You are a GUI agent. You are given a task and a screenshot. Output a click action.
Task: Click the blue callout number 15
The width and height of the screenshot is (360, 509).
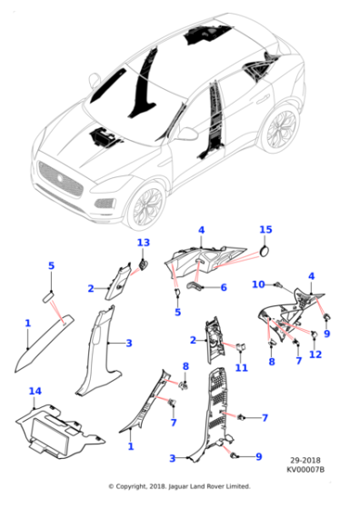265,230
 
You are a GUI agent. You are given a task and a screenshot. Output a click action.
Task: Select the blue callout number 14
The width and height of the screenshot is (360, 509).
35,391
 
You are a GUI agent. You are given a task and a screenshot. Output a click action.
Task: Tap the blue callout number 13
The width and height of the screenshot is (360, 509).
144,243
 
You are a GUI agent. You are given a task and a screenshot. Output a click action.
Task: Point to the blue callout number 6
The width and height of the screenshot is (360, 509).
224,287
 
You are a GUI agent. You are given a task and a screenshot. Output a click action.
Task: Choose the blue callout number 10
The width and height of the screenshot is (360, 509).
259,284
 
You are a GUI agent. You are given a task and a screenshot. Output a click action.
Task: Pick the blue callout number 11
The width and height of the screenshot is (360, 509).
242,368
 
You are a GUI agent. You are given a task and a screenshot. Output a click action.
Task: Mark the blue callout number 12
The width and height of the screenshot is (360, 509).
315,354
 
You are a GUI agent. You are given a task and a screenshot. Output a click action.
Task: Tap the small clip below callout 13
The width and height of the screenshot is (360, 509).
143,264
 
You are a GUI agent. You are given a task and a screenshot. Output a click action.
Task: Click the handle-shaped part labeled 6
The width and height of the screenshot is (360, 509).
195,286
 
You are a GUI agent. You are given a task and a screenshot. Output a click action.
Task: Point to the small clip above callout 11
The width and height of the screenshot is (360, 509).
241,346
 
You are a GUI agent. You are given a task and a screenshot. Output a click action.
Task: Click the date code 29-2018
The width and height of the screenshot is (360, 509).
305,460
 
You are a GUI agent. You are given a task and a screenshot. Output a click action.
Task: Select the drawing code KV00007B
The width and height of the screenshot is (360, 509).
305,469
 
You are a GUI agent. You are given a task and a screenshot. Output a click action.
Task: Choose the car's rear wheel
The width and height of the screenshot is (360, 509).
281,129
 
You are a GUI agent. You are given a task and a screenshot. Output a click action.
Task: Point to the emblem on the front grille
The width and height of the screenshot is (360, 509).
60,177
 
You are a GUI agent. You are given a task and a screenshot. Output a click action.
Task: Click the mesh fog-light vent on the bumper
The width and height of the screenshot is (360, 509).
105,204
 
